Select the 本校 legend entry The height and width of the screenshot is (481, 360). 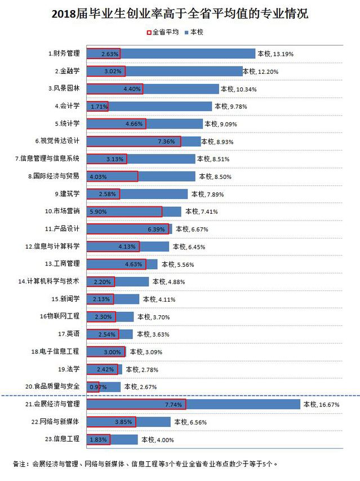[x=194, y=32]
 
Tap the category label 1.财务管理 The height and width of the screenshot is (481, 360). [x=64, y=54]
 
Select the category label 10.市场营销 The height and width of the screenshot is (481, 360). [x=63, y=211]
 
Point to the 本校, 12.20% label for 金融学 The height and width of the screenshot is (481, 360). [x=261, y=72]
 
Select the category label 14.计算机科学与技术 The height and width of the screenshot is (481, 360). [x=52, y=281]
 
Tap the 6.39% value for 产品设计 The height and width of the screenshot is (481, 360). [x=157, y=229]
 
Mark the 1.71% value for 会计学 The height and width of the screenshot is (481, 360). [x=98, y=106]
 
